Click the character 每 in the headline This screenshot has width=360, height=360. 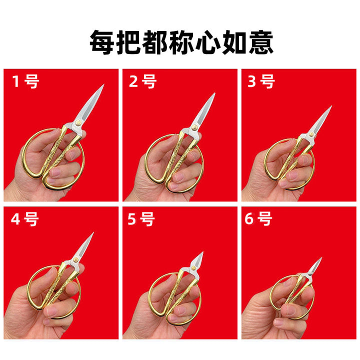click(101, 42)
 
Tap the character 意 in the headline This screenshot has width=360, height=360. click(261, 42)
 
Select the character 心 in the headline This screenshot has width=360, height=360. click(208, 42)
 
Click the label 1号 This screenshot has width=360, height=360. click(25, 81)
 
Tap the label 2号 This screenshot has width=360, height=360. click(142, 81)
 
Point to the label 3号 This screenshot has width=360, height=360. click(261, 81)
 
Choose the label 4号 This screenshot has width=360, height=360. click(25, 219)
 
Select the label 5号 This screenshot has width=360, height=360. click(141, 219)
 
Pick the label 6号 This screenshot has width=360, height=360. click(258, 219)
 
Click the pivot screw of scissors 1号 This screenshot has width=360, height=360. click(78, 123)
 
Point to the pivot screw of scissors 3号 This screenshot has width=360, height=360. click(311, 134)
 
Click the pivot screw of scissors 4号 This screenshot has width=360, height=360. click(75, 259)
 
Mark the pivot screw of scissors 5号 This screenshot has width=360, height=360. click(194, 267)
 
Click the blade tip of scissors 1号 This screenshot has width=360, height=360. click(104, 84)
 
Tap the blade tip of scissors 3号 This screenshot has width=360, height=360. click(331, 106)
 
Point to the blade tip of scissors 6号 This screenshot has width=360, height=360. click(321, 258)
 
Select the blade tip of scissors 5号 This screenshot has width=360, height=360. click(202, 252)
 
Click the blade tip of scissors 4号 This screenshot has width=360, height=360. click(93, 233)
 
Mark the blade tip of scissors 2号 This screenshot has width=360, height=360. click(215, 93)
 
